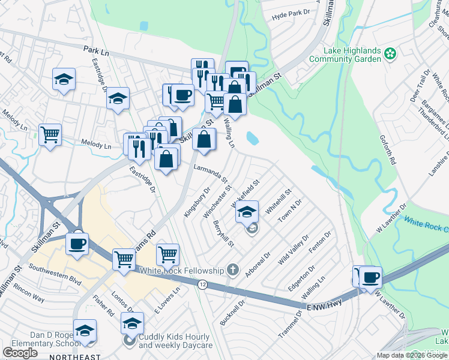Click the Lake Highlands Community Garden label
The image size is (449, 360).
[x=345, y=55]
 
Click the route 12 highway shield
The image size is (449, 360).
[x=203, y=284]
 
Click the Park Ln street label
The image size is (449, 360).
[x=97, y=52]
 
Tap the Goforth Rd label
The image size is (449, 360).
[x=388, y=149]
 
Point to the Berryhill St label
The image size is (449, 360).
[x=223, y=233]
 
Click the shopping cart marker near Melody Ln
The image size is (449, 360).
[x=50, y=134]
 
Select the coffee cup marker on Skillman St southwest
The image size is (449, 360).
[x=77, y=243]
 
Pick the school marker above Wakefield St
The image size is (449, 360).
[x=246, y=211]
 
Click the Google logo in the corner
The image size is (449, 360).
[x=20, y=353]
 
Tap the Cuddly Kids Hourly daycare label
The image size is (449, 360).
[x=176, y=341]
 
